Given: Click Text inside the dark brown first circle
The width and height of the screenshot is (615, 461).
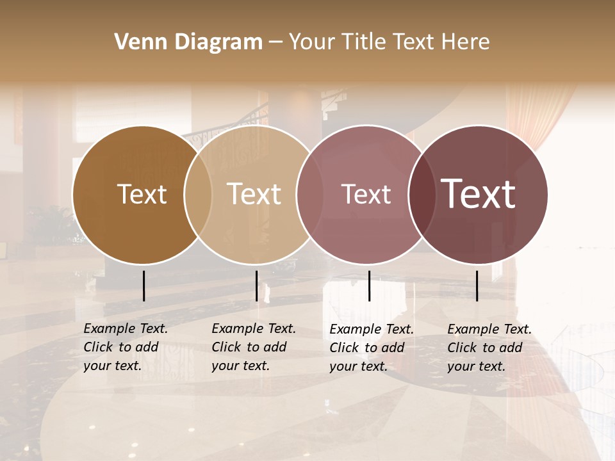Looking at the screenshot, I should click(x=142, y=194).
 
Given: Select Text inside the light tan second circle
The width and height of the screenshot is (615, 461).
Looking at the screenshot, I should click(x=254, y=194).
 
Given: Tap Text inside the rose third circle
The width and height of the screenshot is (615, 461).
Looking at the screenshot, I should click(x=366, y=194).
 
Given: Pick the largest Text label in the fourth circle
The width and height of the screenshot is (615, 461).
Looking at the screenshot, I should click(x=478, y=194).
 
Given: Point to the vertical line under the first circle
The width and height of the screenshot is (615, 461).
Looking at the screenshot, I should click(x=144, y=286).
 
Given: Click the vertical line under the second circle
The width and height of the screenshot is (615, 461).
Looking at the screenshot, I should click(x=256, y=286).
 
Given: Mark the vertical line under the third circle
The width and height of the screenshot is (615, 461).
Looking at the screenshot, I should click(x=369, y=286).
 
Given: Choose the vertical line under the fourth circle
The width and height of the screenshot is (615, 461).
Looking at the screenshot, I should click(x=477, y=286).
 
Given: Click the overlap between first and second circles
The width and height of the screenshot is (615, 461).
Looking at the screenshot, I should click(x=198, y=195).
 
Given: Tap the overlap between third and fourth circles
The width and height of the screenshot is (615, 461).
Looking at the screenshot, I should click(x=422, y=195).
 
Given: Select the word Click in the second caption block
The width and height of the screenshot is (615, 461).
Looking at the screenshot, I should click(x=226, y=347).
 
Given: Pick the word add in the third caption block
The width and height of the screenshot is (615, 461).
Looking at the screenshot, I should click(x=394, y=348).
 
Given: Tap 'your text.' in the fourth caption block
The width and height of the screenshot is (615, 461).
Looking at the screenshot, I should click(x=476, y=366).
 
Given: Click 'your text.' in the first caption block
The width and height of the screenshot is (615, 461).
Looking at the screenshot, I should click(x=112, y=366).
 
